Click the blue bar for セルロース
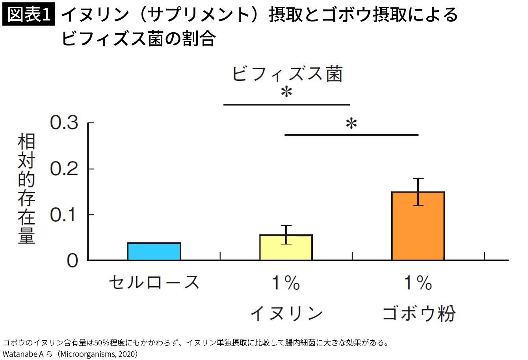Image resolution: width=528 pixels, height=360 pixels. (x=154, y=252)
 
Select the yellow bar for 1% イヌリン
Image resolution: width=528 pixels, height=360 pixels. (x=286, y=248)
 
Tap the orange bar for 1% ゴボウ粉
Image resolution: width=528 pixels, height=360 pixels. (x=418, y=226)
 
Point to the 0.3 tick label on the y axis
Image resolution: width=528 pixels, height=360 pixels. (x=64, y=123)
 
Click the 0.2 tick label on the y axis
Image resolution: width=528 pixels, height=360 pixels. (x=64, y=169)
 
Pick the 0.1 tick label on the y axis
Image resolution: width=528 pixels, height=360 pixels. (x=64, y=215)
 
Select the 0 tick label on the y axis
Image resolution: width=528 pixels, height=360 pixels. (x=73, y=261)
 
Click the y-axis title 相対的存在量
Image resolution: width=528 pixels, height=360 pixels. (x=27, y=189)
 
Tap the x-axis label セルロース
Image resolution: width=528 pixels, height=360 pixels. (x=154, y=282)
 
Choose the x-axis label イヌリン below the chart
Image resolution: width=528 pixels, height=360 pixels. (x=286, y=314)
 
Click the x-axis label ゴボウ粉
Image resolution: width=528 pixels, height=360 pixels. (x=418, y=314)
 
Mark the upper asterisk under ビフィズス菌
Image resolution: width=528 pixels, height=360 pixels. (x=286, y=93)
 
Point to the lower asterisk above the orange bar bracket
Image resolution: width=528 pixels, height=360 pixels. (x=351, y=124)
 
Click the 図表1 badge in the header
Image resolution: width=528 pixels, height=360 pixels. (x=29, y=15)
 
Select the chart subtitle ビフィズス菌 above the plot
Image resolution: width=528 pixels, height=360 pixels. (x=287, y=74)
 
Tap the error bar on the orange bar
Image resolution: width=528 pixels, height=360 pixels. (x=418, y=191)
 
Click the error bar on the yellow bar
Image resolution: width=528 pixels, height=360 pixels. (x=286, y=234)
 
